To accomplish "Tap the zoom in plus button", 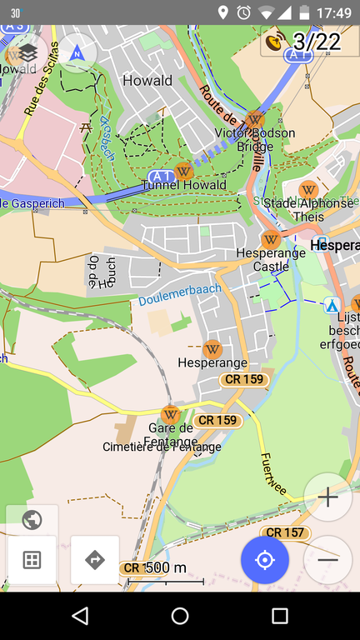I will click(x=327, y=497).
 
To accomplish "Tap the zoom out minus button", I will click(x=327, y=559).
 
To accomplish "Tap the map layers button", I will click(x=28, y=52).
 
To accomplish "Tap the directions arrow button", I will click(x=95, y=559).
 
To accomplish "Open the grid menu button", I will click(x=32, y=559).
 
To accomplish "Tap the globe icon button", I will click(x=32, y=521).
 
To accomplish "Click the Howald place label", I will click(x=147, y=81).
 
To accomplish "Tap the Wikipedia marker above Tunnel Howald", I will click(x=183, y=172).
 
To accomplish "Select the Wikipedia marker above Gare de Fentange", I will click(x=171, y=414).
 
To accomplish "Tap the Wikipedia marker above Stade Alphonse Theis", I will click(x=308, y=189).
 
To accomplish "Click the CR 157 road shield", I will click(x=284, y=532).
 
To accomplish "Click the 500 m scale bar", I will click(x=164, y=569).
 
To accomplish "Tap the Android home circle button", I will click(x=180, y=616).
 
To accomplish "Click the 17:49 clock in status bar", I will click(x=333, y=12).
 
